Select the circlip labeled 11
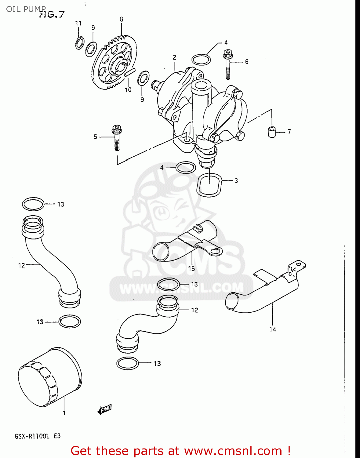click(80, 43)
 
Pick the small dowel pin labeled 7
click(271, 131)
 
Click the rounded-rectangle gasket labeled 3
click(209, 185)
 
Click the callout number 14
click(272, 329)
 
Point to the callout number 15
click(191, 268)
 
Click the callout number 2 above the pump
click(174, 57)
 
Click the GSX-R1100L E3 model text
click(38, 436)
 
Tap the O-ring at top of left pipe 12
click(33, 204)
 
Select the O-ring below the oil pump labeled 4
click(186, 167)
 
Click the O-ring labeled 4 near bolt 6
click(201, 59)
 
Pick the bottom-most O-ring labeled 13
click(128, 363)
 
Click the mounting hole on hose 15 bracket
click(216, 251)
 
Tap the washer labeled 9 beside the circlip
click(91, 49)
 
